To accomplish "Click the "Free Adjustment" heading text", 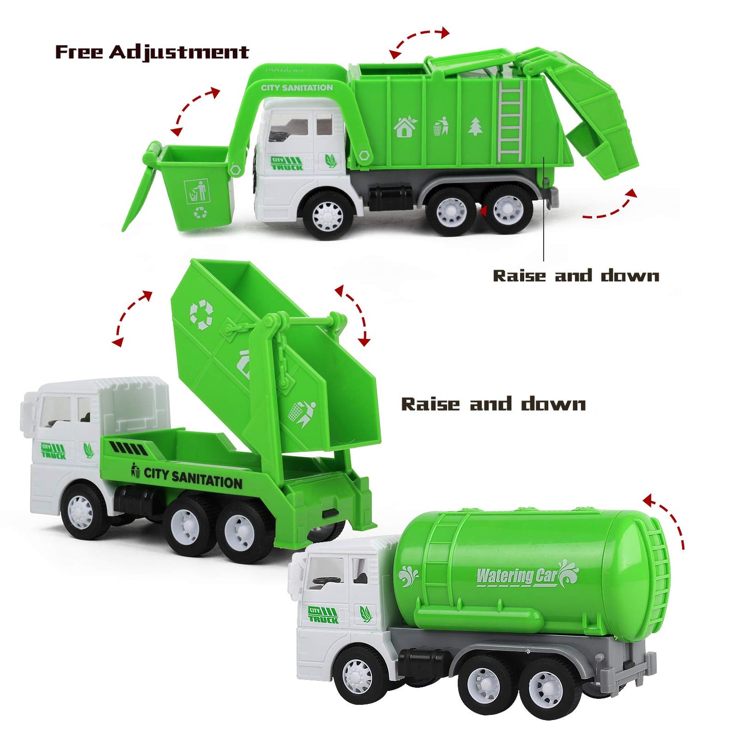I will coord(152,52).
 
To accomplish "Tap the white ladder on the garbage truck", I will coord(510,121).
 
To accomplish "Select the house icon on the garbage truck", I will coord(405,127).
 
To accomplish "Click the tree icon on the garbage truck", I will coord(475,126).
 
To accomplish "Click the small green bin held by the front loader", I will coord(196,187).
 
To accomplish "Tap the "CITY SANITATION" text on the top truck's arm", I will coord(297,88).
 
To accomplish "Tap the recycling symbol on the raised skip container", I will coord(201,314).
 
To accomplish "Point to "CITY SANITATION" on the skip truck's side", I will coord(193,478).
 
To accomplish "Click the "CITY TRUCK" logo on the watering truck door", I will coord(323,614).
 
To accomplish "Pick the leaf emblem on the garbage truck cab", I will coord(331,161).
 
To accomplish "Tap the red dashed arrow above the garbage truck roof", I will coord(419,41).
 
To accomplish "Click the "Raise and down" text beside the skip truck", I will coord(493,404).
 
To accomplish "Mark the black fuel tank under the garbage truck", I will coord(390,198).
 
